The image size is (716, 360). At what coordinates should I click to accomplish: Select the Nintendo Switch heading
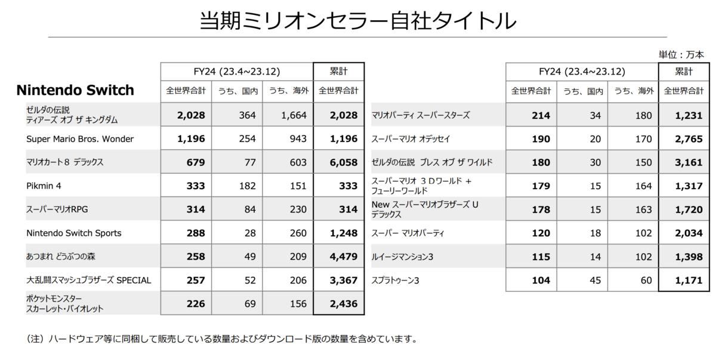coord(75,91)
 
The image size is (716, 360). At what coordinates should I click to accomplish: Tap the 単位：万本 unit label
coord(681,54)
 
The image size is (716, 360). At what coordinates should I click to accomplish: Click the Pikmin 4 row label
coord(45,186)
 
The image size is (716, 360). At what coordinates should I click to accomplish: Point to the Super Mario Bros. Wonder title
coord(80,139)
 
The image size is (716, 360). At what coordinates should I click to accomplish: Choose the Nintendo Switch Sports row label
coord(75,233)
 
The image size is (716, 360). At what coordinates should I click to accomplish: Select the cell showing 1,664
coord(294,116)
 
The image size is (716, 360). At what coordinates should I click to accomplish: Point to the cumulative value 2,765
coord(688,139)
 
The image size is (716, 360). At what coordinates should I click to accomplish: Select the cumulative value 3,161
coord(688,162)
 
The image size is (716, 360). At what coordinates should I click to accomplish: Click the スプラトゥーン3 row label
coord(396,280)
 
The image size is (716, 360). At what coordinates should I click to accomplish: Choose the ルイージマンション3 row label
coord(402,257)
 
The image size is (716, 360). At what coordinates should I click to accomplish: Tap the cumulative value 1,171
coord(688,280)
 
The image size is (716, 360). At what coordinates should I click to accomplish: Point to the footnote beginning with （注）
coord(221,339)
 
